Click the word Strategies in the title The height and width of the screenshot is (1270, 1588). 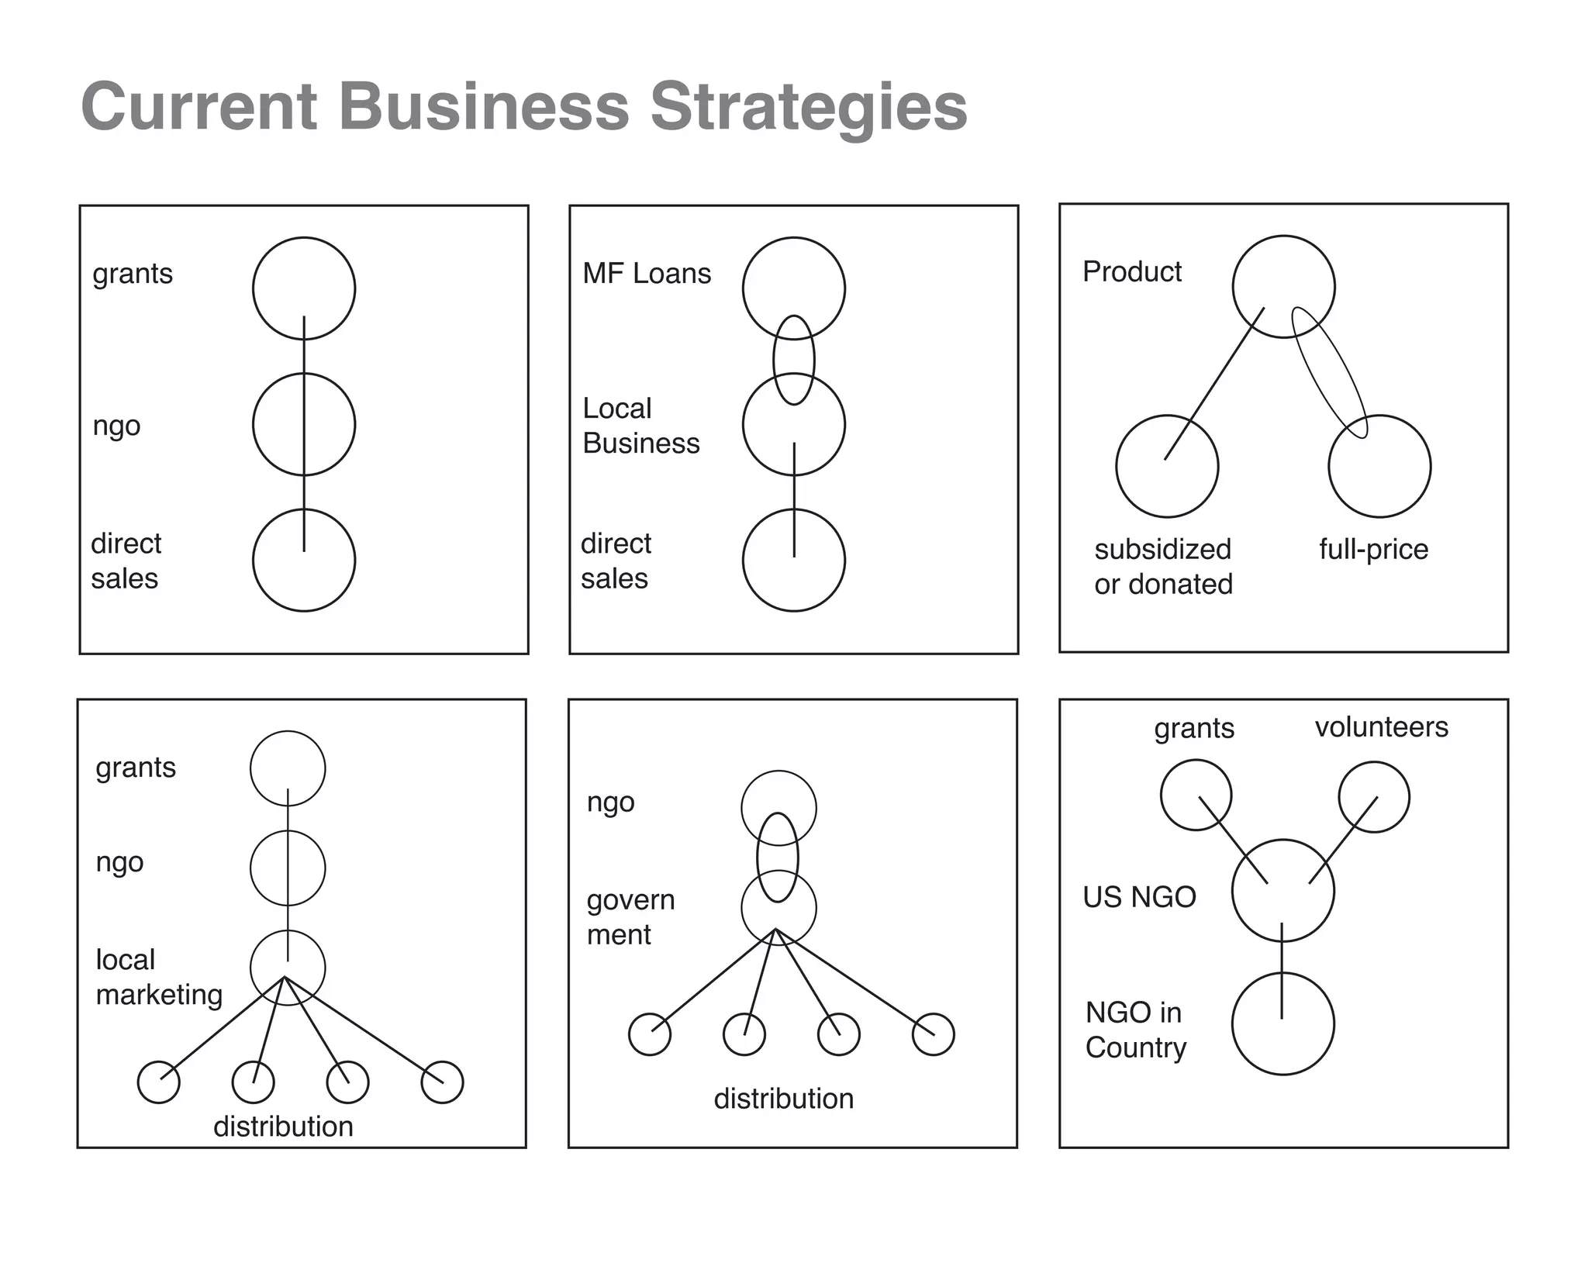(808, 107)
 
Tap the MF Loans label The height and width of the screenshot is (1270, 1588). (647, 274)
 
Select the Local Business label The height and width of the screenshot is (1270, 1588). (640, 426)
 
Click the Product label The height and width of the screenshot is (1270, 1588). (1131, 272)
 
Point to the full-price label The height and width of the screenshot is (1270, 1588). (1373, 549)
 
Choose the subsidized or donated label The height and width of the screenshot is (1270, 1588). (1163, 567)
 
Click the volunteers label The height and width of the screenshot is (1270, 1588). (1381, 727)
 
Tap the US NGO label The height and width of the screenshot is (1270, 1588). (1139, 897)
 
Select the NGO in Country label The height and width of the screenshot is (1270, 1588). (1135, 1030)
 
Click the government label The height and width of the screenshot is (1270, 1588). (630, 917)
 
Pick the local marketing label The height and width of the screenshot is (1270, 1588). (159, 977)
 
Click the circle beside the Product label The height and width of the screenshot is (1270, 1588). (1283, 287)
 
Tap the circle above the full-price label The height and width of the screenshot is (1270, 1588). (1379, 467)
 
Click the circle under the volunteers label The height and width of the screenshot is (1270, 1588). (1374, 797)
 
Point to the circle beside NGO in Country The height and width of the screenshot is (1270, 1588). (1282, 1023)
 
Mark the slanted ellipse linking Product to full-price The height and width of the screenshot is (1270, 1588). (1328, 373)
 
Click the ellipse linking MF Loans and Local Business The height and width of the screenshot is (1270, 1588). (793, 360)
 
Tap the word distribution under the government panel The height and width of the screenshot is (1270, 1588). (783, 1099)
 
